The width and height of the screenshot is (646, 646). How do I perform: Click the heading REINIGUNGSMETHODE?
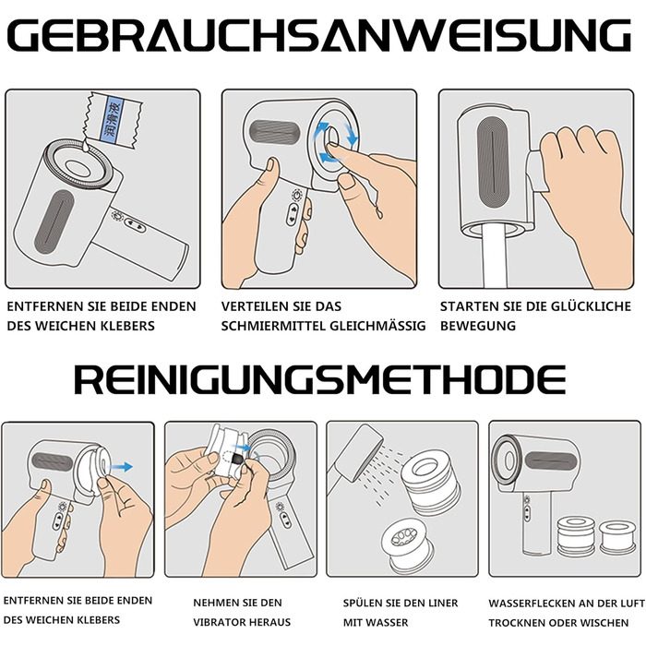pyautogui.click(x=320, y=380)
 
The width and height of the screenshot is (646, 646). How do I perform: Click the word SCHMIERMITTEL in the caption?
pyautogui.click(x=272, y=326)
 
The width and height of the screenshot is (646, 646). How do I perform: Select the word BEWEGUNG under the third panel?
pyautogui.click(x=478, y=326)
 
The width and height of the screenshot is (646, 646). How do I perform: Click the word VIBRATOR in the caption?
pyautogui.click(x=219, y=622)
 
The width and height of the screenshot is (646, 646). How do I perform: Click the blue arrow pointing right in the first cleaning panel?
pyautogui.click(x=122, y=467)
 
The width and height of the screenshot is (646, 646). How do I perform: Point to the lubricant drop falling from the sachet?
pyautogui.click(x=85, y=144)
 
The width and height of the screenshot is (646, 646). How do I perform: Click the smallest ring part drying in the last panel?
pyautogui.click(x=616, y=537)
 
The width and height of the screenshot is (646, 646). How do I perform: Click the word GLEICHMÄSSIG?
pyautogui.click(x=377, y=326)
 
